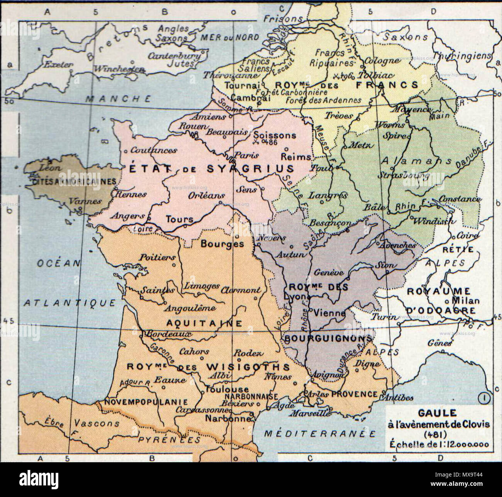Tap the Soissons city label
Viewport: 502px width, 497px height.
pos(275,135)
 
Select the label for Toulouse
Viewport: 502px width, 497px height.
pos(227,389)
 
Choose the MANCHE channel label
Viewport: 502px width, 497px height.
pos(118,99)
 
